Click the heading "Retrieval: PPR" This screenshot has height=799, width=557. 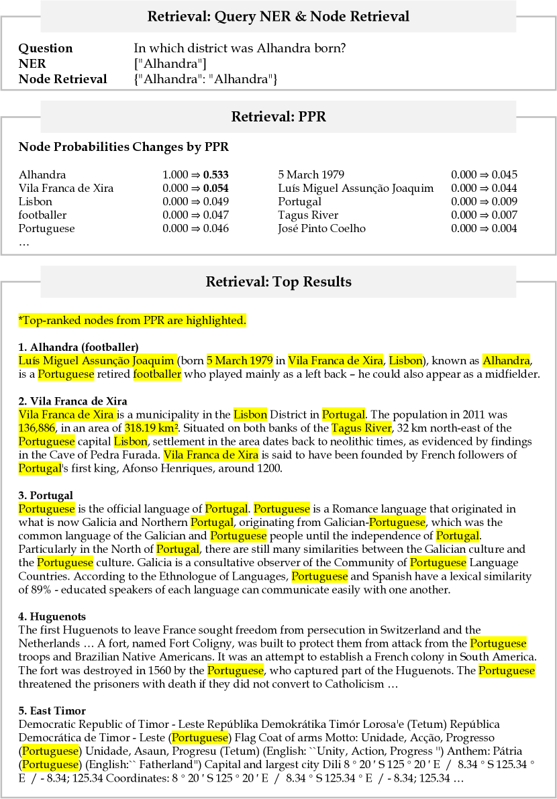pyautogui.click(x=278, y=117)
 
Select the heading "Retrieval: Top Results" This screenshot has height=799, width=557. pyautogui.click(x=278, y=282)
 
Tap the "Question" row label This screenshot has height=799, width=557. pyautogui.click(x=45, y=48)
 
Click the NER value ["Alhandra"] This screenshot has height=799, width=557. pyautogui.click(x=170, y=64)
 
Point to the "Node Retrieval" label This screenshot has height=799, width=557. pyautogui.click(x=62, y=79)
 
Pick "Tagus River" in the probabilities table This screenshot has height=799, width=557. pyautogui.click(x=308, y=215)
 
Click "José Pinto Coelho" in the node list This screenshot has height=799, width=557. pyautogui.click(x=322, y=229)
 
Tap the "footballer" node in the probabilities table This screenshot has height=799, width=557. pyautogui.click(x=42, y=215)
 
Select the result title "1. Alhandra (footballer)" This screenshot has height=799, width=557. pyautogui.click(x=78, y=347)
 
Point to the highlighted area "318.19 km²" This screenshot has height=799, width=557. pyautogui.click(x=152, y=428)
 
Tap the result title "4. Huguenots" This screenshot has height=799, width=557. pyautogui.click(x=52, y=617)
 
